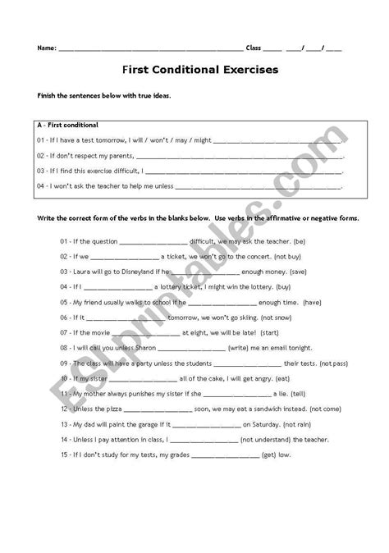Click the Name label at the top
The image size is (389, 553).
(46, 48)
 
